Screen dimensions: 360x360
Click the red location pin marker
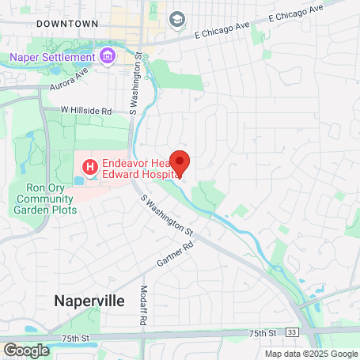(180, 163)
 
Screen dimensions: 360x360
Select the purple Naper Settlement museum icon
(107, 57)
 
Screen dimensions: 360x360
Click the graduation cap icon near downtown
(177, 18)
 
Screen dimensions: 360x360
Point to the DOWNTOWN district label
(67, 25)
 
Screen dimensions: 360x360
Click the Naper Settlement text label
(52, 57)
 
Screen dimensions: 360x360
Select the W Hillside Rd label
(86, 111)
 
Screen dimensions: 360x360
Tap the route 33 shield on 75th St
(292, 332)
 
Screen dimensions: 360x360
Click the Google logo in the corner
(26, 350)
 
